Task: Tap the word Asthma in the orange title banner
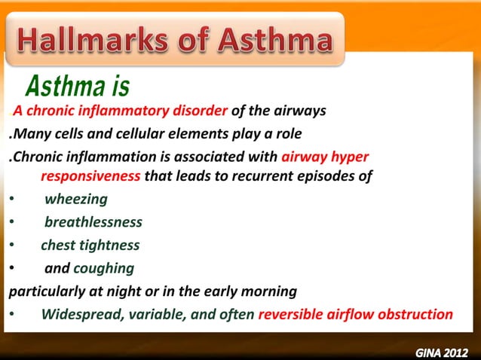click(278, 41)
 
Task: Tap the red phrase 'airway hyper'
click(325, 158)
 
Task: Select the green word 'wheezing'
click(75, 200)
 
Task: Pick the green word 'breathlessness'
click(93, 222)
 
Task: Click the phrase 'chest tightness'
click(90, 246)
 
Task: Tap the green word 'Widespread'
click(78, 314)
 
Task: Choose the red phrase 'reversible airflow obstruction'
click(355, 314)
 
